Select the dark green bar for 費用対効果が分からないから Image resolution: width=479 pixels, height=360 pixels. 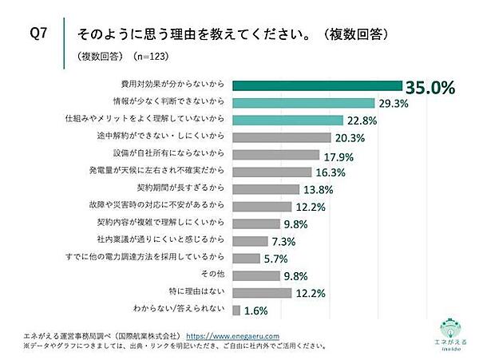click(x=316, y=85)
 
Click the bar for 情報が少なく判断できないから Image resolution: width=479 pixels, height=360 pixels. click(x=303, y=102)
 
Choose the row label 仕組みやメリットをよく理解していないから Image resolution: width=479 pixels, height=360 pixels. click(x=148, y=119)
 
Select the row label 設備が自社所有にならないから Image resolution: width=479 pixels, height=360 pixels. click(x=176, y=153)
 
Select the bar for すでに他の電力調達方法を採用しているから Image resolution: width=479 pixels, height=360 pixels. click(x=245, y=258)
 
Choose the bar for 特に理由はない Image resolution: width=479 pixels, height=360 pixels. click(x=259, y=292)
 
